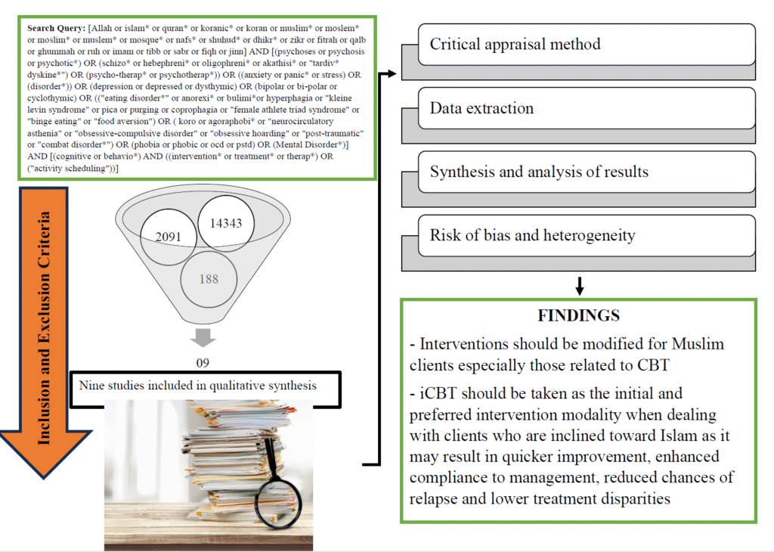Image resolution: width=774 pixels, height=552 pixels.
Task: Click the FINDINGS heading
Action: (x=579, y=315)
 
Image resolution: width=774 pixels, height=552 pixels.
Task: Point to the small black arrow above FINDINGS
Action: (x=579, y=287)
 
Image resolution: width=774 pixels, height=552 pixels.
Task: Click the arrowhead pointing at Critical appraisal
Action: (x=393, y=74)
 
